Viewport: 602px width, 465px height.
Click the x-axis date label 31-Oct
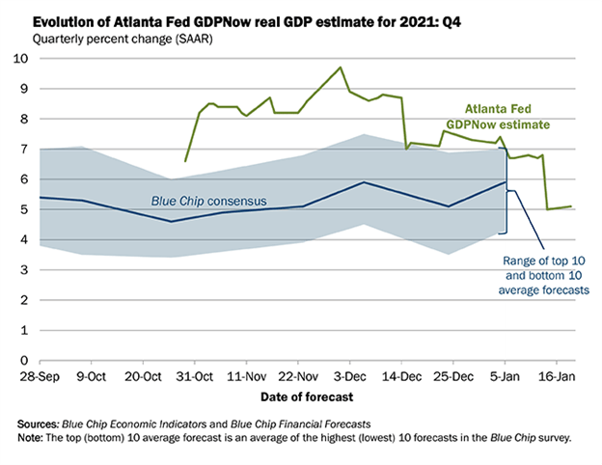tap(195, 375)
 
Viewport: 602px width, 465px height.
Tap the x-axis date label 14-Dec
tap(404, 375)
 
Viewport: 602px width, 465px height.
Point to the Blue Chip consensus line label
tap(209, 202)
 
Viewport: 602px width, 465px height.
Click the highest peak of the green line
tap(340, 68)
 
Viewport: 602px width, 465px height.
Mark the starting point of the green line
tap(185, 161)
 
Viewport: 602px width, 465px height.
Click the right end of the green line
tap(571, 206)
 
